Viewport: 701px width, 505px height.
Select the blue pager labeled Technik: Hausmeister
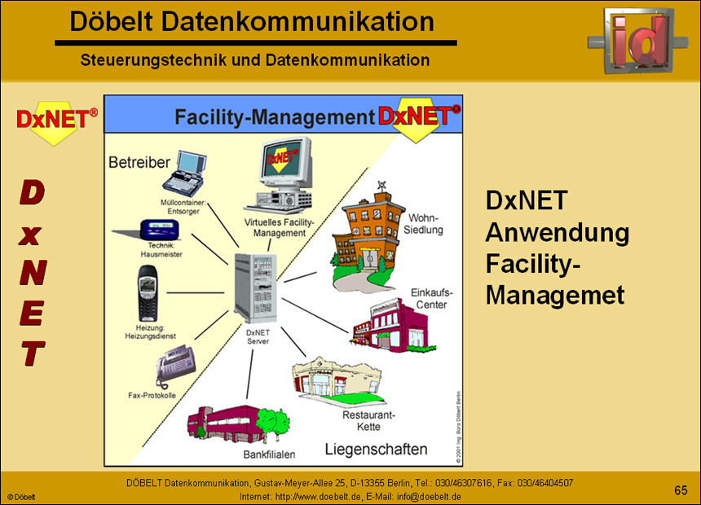[160, 228]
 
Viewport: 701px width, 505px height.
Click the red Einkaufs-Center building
[388, 321]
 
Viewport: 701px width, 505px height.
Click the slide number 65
[681, 490]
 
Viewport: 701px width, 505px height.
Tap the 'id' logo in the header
[641, 39]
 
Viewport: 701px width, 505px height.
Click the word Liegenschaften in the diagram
[376, 449]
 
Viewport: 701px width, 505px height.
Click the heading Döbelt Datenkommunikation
[252, 22]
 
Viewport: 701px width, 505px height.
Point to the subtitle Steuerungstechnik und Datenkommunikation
[255, 59]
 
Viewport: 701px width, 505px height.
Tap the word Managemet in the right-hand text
[555, 294]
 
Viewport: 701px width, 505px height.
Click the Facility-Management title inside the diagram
[274, 117]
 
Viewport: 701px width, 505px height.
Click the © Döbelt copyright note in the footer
[22, 496]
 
